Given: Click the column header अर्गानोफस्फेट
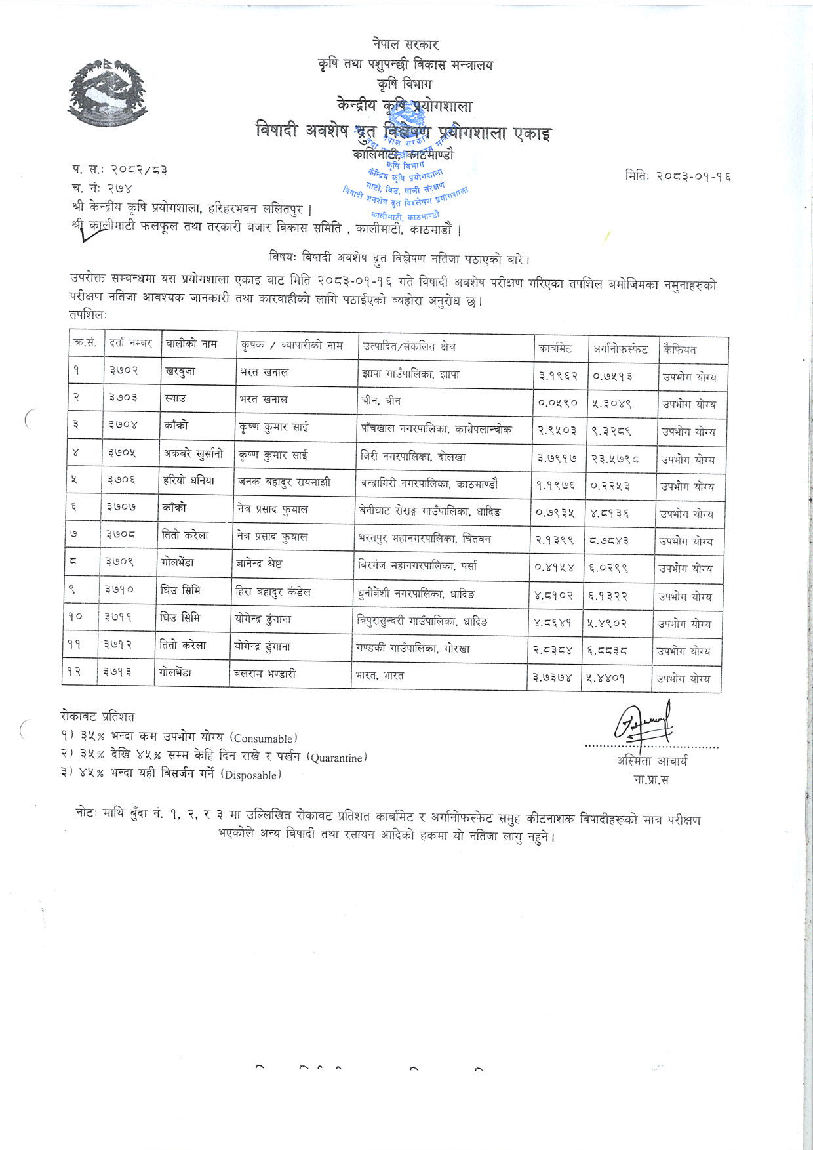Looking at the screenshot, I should [620, 349].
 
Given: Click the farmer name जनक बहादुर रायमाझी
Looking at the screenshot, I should [284, 482].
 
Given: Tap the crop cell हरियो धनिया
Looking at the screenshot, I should [188, 481].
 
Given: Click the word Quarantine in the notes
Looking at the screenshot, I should [337, 758].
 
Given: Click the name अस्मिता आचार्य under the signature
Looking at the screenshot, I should [652, 761].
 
